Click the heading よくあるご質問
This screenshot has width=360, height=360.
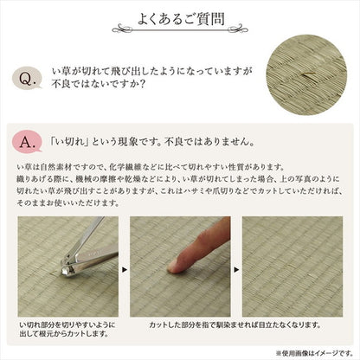180,18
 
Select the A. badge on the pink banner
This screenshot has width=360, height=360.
28,140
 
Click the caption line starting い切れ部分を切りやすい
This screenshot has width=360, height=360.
64,325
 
